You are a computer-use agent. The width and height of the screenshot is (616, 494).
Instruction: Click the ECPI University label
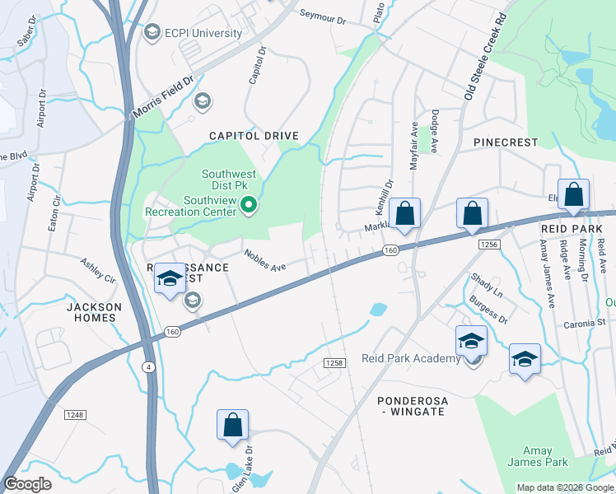click(203, 33)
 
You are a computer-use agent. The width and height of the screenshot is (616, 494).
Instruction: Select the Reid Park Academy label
click(411, 358)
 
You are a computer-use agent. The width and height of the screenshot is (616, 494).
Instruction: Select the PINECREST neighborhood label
click(506, 142)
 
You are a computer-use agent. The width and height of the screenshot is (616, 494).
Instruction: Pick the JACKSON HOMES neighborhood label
click(94, 313)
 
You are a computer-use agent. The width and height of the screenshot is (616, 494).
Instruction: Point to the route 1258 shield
click(334, 363)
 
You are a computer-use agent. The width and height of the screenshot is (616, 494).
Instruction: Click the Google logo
click(28, 484)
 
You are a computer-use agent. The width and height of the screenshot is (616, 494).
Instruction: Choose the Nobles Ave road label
click(264, 260)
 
